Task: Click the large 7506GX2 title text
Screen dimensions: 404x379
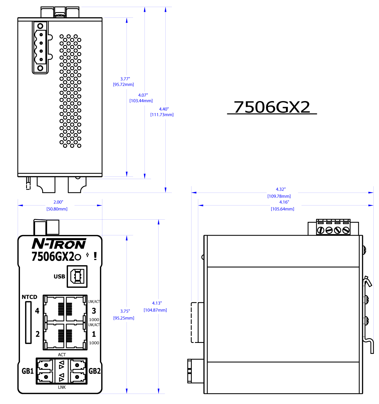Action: pyautogui.click(x=272, y=107)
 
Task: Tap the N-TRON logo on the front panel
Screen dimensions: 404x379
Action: pyautogui.click(x=59, y=244)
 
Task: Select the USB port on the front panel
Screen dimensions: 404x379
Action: pyautogui.click(x=77, y=276)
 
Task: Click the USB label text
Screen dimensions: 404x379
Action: pyautogui.click(x=59, y=276)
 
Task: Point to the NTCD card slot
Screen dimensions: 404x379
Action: pyautogui.click(x=28, y=322)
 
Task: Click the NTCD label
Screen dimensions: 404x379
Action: pyautogui.click(x=30, y=297)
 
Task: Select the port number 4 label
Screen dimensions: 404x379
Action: pyautogui.click(x=37, y=311)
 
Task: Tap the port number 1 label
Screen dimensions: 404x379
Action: pyautogui.click(x=94, y=334)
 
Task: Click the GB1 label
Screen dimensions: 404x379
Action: pyautogui.click(x=28, y=371)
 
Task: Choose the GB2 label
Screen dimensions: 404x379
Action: pyautogui.click(x=94, y=371)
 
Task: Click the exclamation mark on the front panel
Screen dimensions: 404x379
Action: pyautogui.click(x=95, y=256)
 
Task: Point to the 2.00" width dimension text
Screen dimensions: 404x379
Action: pyautogui.click(x=58, y=202)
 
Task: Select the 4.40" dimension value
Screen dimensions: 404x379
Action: pyautogui.click(x=164, y=109)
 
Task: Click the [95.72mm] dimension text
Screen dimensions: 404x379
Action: pyautogui.click(x=123, y=84)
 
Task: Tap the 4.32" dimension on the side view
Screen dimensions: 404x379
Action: pyautogui.click(x=281, y=189)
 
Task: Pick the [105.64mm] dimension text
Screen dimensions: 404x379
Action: pyautogui.click(x=283, y=209)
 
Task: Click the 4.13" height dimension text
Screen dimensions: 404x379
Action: pyautogui.click(x=157, y=303)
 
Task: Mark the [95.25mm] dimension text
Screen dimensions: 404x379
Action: pyautogui.click(x=124, y=318)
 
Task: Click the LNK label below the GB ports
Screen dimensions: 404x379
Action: pyautogui.click(x=62, y=387)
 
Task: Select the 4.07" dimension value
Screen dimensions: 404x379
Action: pyautogui.click(x=143, y=95)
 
